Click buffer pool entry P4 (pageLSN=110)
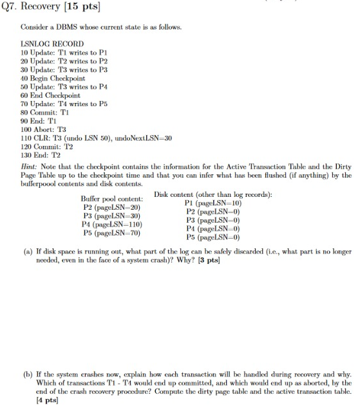[x=113, y=225]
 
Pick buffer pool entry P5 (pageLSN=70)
[x=112, y=233]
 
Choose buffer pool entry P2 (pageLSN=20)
[x=111, y=207]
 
